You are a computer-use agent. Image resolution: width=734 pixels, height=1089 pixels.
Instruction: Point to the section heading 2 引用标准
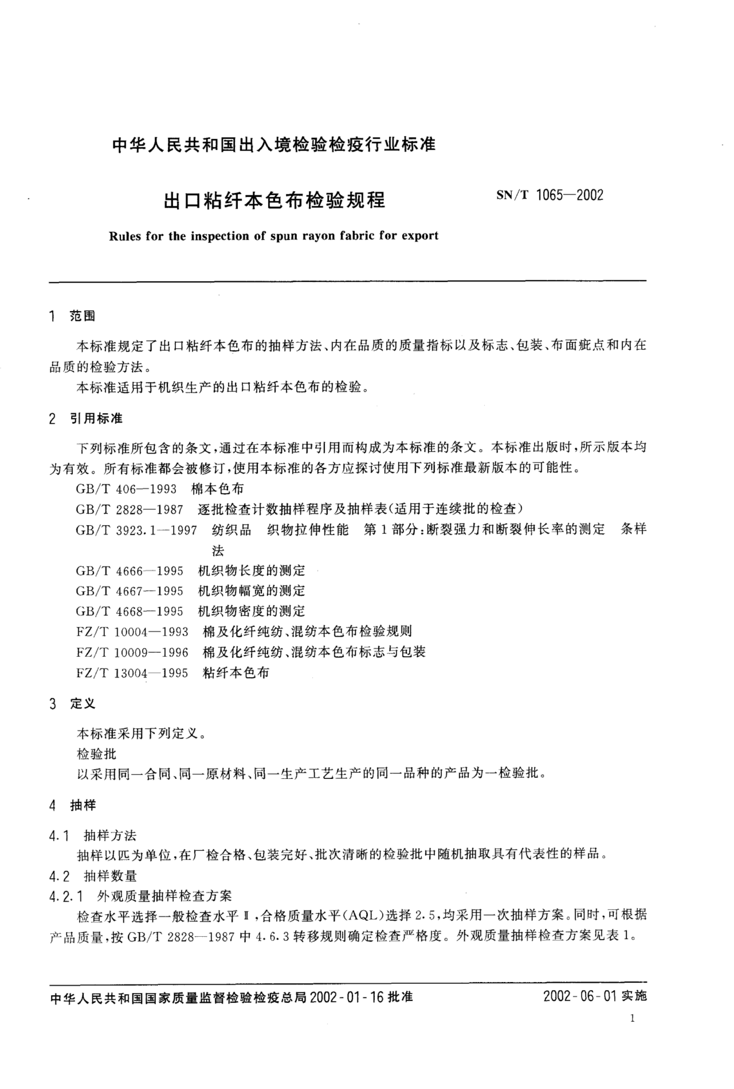click(86, 419)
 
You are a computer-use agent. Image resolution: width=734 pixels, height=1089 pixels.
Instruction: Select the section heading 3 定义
click(73, 704)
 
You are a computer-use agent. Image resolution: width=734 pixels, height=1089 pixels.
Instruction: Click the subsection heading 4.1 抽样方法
click(93, 835)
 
